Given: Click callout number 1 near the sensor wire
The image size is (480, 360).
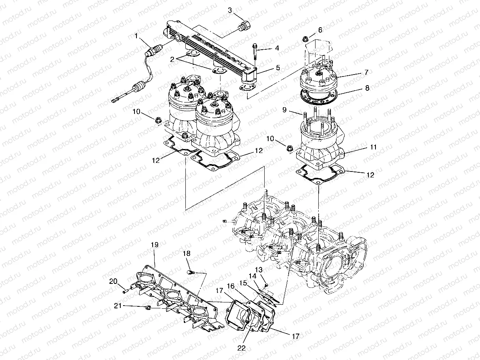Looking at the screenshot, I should [136, 36].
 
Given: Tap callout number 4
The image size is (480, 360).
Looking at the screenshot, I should [277, 48].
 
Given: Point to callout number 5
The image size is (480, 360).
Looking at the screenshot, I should [278, 68].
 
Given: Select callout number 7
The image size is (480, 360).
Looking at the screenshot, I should [366, 73].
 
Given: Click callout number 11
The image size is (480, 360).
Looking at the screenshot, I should [373, 147].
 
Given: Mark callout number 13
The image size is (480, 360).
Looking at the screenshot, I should [259, 269].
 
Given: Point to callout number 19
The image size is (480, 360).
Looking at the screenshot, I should [154, 245].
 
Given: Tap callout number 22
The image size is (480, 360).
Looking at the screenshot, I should [241, 348].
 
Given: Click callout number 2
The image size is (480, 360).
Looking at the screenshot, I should [172, 60].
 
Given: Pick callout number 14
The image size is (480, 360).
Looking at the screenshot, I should [251, 276].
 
